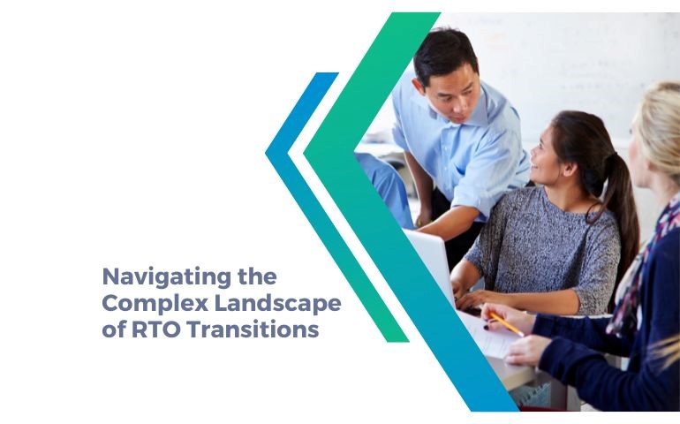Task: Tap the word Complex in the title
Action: pos(141,304)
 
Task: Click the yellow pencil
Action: pos(505,323)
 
